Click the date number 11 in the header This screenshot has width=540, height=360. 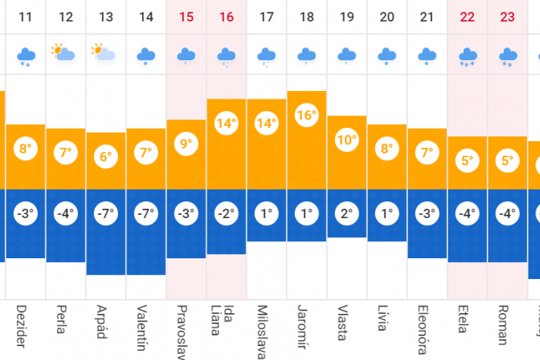(25, 17)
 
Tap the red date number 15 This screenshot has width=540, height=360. (186, 17)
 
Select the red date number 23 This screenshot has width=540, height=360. (508, 17)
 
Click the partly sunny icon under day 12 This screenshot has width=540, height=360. (63, 53)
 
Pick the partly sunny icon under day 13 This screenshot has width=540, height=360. (103, 53)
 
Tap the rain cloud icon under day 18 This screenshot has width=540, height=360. (306, 55)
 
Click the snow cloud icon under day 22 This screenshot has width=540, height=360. (467, 56)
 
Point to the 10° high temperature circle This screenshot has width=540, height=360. (347, 140)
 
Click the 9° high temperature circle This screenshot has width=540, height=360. (186, 144)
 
